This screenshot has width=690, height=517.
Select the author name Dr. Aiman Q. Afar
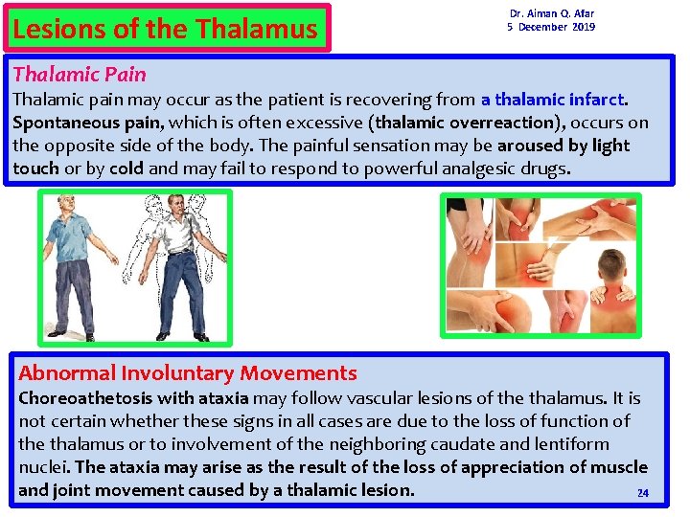pos(551,13)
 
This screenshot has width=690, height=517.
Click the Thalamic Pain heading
pos(80,74)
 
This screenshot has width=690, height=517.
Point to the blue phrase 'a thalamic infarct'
pos(553,99)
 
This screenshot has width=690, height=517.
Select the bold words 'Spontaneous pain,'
pos(74,123)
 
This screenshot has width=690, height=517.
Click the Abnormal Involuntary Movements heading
pos(188,373)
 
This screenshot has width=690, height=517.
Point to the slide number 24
pos(643,493)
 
